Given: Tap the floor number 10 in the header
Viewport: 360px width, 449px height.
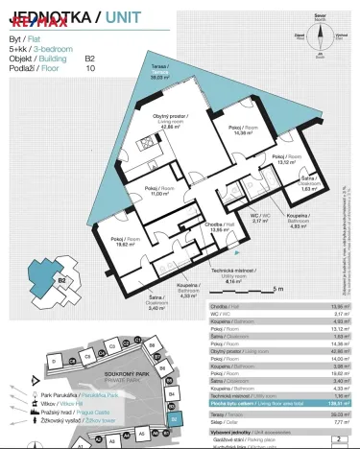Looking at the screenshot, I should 90,68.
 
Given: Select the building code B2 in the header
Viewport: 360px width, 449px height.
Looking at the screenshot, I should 90,58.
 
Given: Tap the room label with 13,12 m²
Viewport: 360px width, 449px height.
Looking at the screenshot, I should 286,159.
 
